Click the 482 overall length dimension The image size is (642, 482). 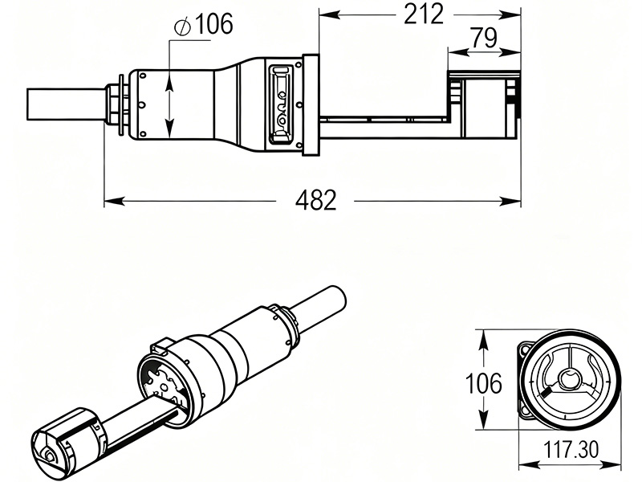315,200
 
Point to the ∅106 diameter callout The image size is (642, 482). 202,25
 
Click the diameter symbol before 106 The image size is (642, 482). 181,26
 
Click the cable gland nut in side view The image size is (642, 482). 117,104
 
